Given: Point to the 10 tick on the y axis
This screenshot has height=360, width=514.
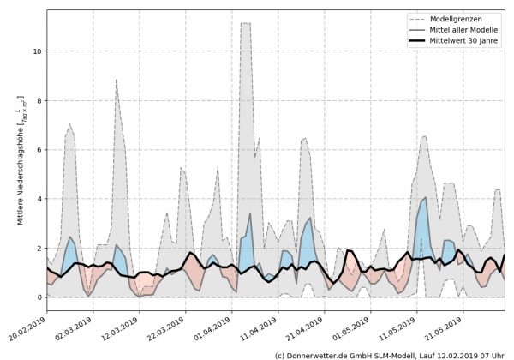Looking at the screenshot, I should (38, 51).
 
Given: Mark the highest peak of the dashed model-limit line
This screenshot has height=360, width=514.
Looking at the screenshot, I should (245, 23).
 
